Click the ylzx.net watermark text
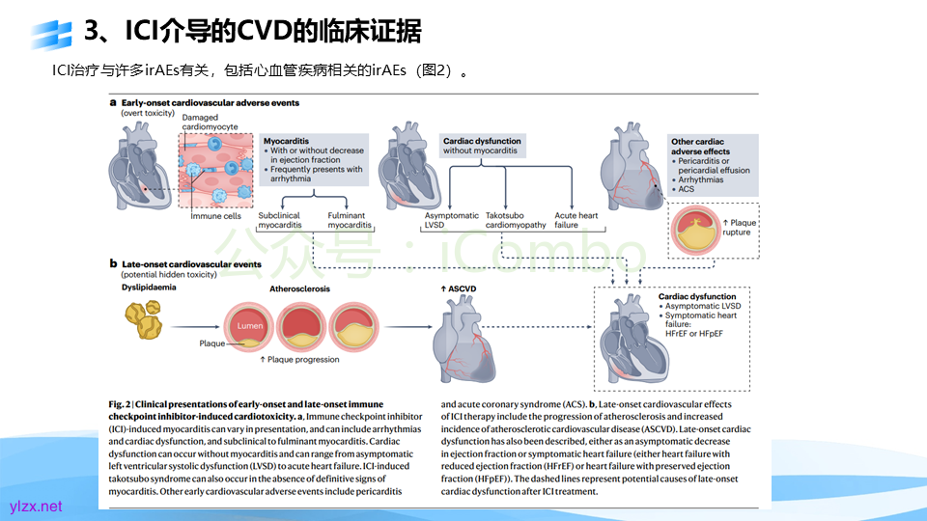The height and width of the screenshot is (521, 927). click(35, 506)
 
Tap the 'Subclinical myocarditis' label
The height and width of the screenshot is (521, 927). click(279, 220)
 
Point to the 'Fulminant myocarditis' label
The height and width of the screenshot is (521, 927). click(350, 220)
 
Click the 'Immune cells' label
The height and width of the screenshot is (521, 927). click(215, 216)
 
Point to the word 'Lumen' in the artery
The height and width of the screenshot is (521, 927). click(250, 326)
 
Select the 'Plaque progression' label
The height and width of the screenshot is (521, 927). click(303, 360)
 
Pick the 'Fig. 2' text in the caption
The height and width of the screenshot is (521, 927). click(121, 404)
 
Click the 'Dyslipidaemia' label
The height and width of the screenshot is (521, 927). click(150, 288)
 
